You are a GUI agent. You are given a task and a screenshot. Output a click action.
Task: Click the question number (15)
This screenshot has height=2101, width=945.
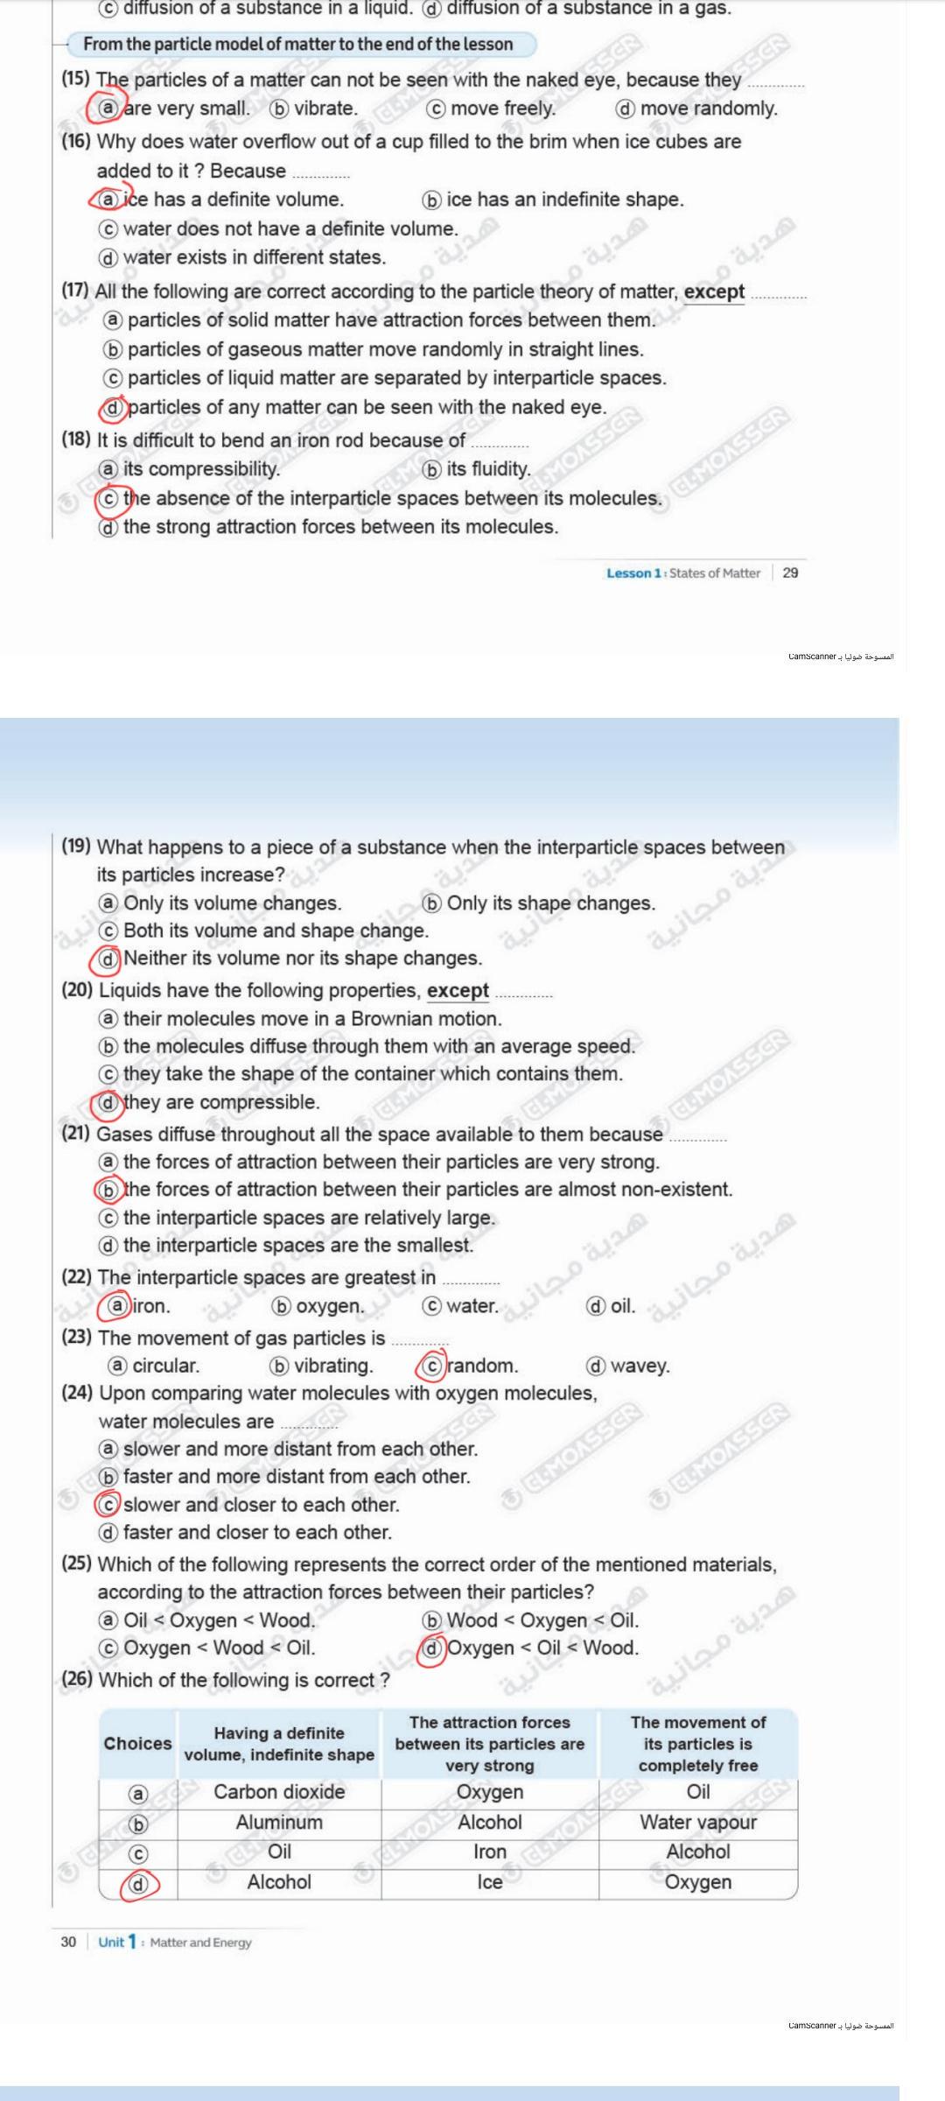tap(75, 79)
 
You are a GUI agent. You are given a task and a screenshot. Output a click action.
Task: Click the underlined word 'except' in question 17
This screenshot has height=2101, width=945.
tap(714, 292)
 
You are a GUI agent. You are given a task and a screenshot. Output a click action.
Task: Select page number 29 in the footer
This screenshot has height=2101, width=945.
tap(790, 573)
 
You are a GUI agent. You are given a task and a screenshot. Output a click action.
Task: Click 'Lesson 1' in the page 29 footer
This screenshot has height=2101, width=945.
tap(633, 573)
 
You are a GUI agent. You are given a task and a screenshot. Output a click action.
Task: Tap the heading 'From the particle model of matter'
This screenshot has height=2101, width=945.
tap(297, 44)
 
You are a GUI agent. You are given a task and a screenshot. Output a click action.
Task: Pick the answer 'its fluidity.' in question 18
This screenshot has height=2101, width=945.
tap(487, 469)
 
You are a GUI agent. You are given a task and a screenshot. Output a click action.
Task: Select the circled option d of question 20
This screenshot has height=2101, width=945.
tap(108, 1102)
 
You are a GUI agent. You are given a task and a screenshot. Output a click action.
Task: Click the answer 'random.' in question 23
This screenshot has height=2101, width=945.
tap(482, 1366)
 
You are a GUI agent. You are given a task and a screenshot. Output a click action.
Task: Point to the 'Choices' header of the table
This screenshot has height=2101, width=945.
tap(137, 1743)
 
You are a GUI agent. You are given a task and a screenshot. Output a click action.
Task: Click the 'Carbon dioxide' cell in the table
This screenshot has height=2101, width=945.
tap(279, 1792)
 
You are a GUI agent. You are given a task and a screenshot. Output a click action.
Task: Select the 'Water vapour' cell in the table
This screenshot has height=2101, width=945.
tap(698, 1822)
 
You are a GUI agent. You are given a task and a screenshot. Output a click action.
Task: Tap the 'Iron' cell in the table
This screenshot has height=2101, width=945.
tap(490, 1852)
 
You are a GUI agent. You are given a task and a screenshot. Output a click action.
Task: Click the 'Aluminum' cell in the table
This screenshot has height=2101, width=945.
tap(279, 1822)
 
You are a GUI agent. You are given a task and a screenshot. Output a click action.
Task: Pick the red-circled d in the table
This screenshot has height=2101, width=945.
tap(138, 1882)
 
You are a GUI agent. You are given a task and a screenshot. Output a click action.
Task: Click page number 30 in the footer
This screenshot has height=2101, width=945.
tap(68, 1943)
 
